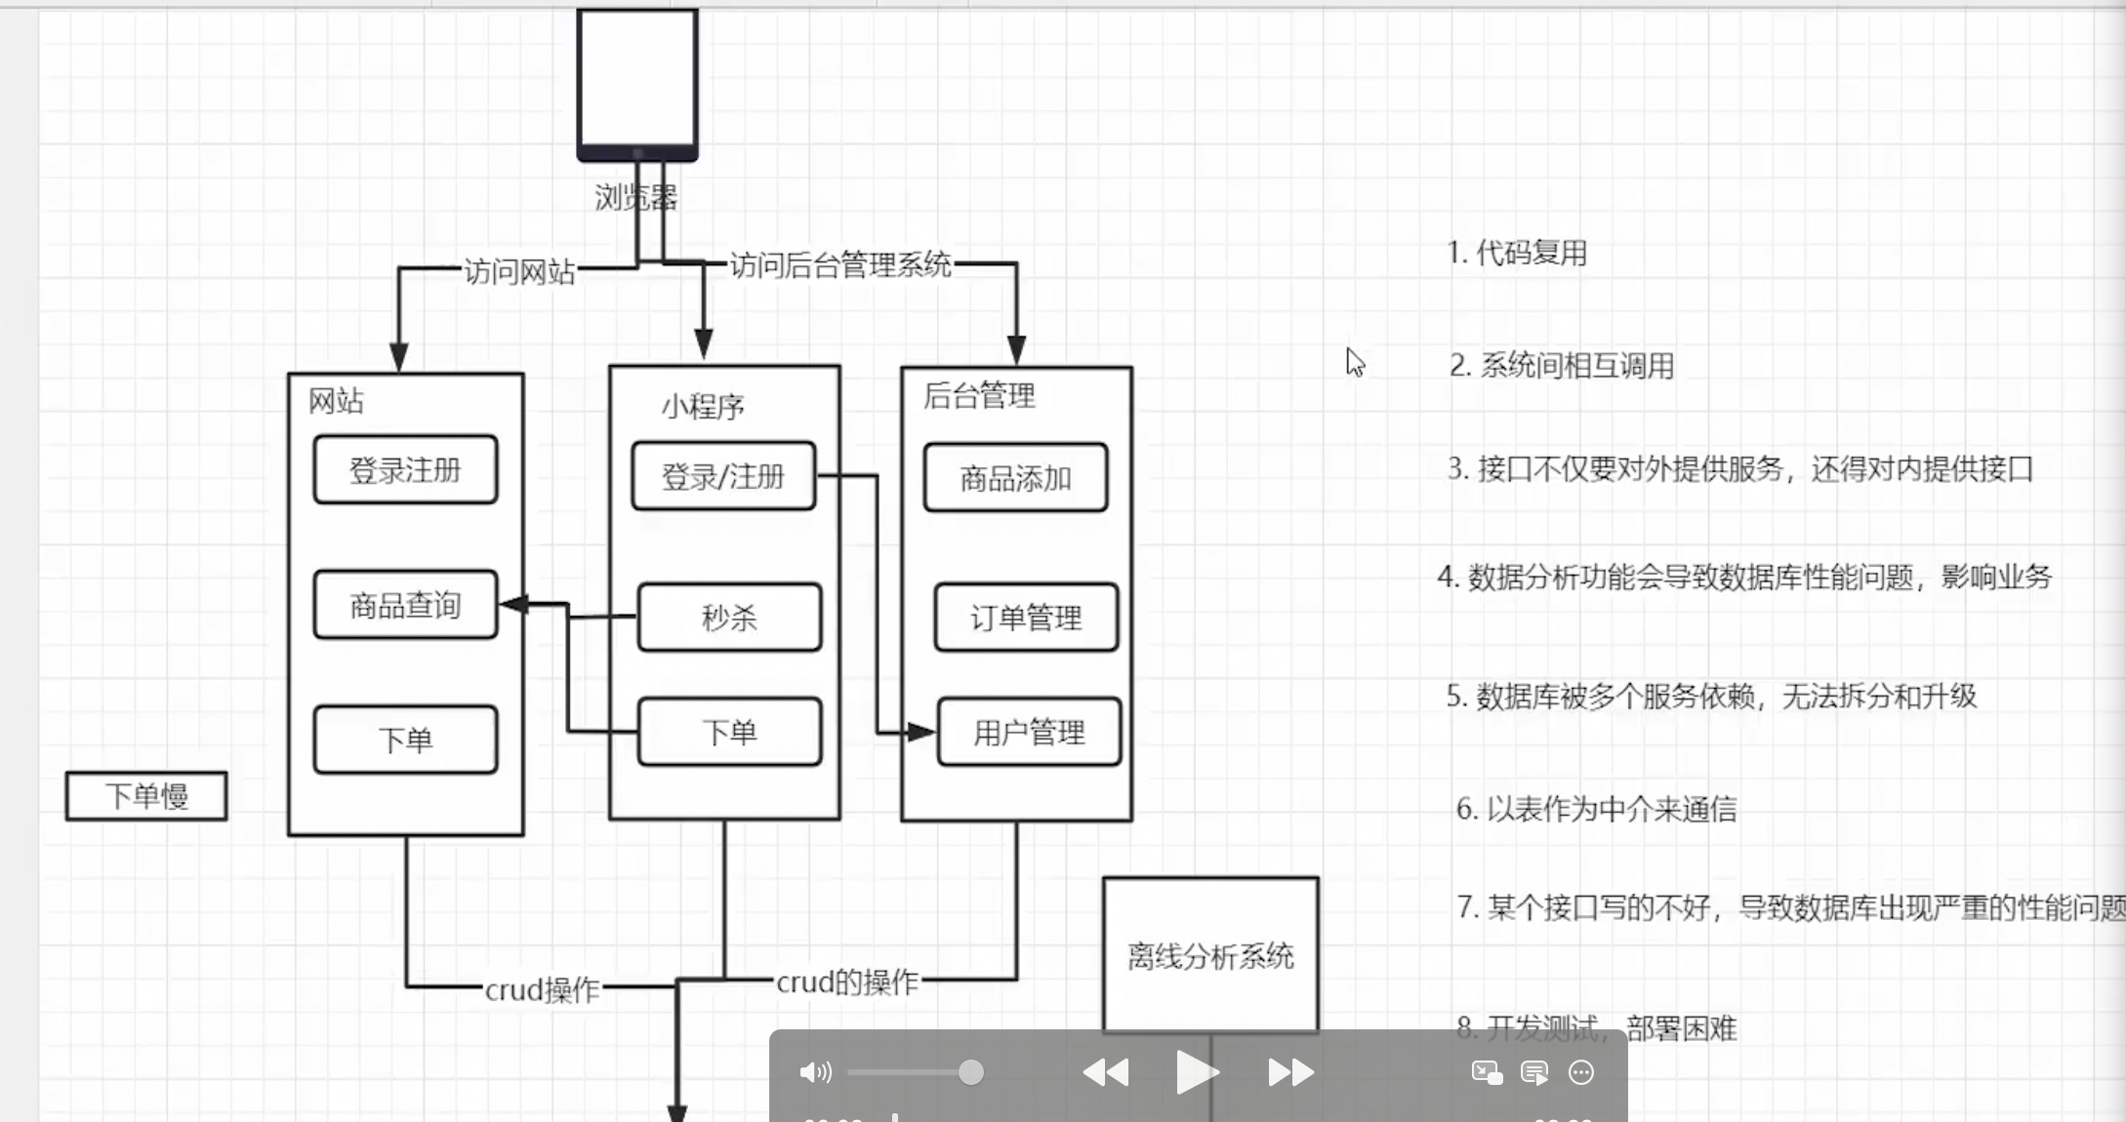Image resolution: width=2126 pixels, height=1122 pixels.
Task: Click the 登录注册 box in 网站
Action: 405,470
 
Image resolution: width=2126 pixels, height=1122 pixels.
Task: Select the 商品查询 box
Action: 405,605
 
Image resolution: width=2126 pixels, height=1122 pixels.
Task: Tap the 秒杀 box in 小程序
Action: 729,617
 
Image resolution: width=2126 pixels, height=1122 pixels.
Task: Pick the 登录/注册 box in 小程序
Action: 723,476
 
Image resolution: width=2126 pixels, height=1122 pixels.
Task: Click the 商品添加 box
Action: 1015,478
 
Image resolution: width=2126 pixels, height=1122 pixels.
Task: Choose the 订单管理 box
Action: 1026,617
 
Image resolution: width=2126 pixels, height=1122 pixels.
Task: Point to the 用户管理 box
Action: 1029,732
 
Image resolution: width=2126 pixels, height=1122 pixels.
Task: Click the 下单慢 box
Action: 146,796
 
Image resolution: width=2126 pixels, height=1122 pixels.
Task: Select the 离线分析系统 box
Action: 1210,955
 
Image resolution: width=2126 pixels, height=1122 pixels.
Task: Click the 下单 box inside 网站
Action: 405,740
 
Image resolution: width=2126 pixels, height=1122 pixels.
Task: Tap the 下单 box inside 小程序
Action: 729,732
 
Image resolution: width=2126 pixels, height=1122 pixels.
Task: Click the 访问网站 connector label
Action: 519,271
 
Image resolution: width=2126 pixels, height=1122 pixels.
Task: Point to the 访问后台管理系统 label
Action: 840,264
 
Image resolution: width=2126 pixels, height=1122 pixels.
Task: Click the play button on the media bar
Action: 1196,1073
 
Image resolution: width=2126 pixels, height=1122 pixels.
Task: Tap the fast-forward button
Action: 1289,1073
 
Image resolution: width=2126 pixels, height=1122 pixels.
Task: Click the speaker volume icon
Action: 815,1073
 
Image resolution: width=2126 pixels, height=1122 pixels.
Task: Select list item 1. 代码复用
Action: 1517,253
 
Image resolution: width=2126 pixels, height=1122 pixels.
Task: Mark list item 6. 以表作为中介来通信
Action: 1597,809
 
